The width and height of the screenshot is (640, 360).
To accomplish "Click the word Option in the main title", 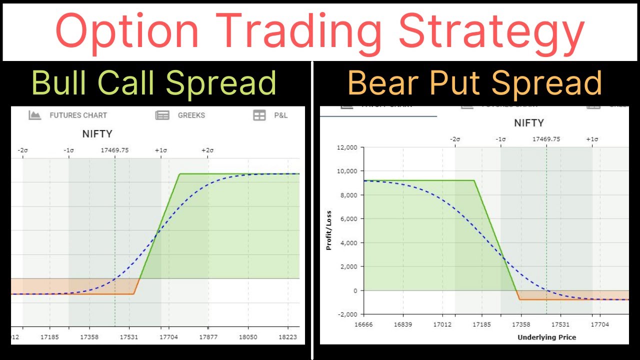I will click(x=127, y=31).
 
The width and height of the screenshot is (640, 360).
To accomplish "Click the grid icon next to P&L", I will click(x=259, y=115).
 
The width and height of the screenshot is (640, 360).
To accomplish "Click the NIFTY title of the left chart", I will click(x=97, y=134).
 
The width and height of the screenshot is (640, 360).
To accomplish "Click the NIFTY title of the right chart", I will click(x=528, y=123).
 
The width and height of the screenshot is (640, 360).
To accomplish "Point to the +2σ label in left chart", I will click(x=207, y=150).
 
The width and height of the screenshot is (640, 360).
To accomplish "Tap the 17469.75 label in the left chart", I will click(x=114, y=150).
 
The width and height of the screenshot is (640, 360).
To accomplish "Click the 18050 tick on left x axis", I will click(x=248, y=337).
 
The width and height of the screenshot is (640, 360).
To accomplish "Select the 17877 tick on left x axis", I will click(x=208, y=337).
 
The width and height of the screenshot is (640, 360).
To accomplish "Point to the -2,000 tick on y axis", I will click(x=346, y=314).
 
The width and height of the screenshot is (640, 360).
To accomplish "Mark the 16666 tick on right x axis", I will click(x=363, y=324).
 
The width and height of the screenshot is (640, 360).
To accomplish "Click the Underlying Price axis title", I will click(x=546, y=337).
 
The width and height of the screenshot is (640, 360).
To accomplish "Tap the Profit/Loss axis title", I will click(x=328, y=230).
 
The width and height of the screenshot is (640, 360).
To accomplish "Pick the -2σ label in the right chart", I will click(x=454, y=139).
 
